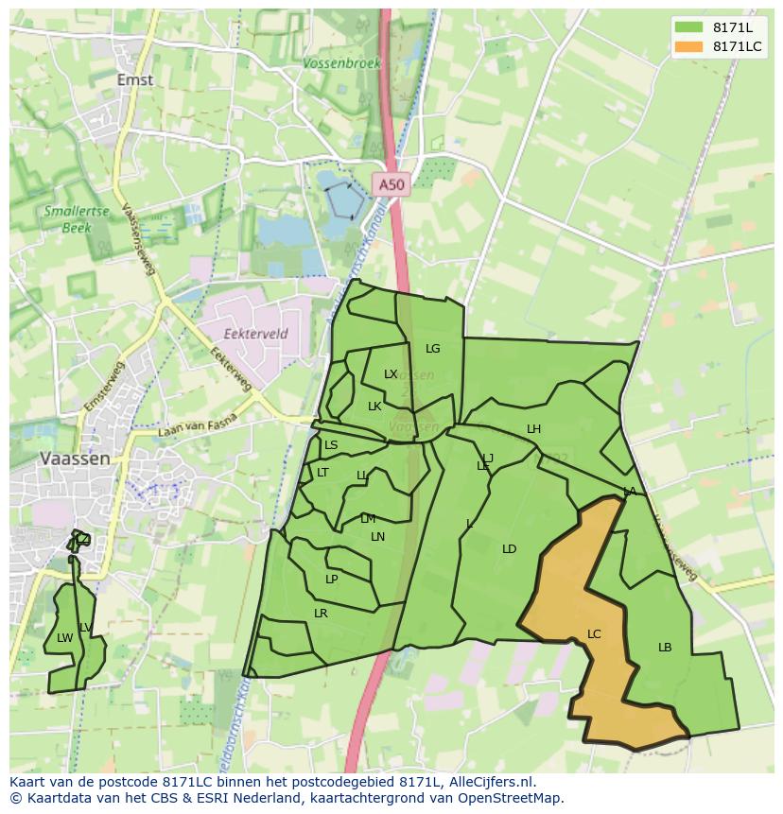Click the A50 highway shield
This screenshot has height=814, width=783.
coord(390,185)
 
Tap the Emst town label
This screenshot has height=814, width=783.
coord(135,80)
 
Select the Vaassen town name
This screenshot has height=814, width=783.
coord(75,458)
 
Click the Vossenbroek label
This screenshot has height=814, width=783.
coord(342,63)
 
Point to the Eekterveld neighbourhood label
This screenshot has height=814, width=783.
coord(255,334)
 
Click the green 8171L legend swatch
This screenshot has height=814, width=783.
coord(689,27)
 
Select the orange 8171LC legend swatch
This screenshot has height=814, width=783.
coord(689,46)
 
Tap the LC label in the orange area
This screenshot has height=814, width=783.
coord(594,633)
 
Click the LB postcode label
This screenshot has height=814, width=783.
coord(665,648)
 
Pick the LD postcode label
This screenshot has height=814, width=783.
coord(509,549)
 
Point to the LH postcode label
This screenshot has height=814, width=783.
coord(533,429)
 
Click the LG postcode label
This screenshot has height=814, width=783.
coord(432,349)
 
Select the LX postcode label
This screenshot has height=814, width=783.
coord(391,374)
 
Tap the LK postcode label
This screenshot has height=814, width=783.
coord(374,407)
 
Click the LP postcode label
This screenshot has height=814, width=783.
coord(331,580)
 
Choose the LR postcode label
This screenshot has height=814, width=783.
coord(321,614)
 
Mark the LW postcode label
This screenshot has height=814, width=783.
coord(64,638)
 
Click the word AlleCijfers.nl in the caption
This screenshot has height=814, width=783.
coord(490,782)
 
